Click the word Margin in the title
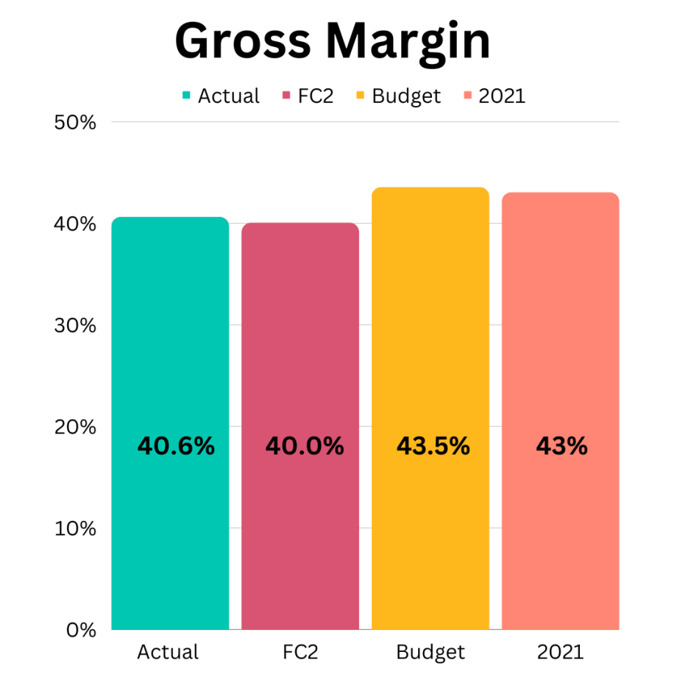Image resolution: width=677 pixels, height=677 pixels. point(417,43)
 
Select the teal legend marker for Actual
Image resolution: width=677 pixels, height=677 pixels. point(186,96)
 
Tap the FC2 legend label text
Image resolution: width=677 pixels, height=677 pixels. point(316,96)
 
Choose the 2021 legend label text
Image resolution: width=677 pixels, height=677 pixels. point(502,96)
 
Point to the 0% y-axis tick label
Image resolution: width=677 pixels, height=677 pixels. point(80,630)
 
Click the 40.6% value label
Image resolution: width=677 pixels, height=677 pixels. point(176,446)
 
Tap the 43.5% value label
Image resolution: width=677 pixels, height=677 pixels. point(433,446)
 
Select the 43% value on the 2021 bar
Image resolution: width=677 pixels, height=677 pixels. point(561,446)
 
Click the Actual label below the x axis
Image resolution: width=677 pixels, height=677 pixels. point(168,652)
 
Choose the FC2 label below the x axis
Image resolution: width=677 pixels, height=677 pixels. point(299,652)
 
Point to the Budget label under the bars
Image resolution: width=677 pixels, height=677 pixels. point(430,652)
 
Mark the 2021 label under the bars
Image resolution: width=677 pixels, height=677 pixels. point(560,652)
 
